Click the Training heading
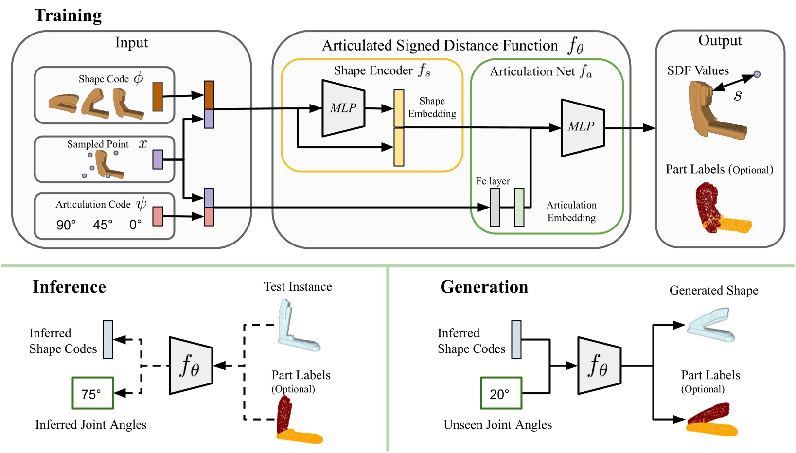[68, 16]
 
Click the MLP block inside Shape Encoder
[343, 108]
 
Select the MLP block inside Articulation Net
[582, 127]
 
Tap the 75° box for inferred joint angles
[92, 393]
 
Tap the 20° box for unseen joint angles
[501, 393]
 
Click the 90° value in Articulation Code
[66, 225]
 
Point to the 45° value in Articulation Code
[103, 225]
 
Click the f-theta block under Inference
[191, 366]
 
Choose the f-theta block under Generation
[599, 366]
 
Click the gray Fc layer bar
[495, 208]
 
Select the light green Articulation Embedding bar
[519, 208]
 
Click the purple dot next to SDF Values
[757, 74]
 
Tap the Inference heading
[69, 287]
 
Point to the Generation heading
[484, 287]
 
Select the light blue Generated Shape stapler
[711, 323]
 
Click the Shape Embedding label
[432, 107]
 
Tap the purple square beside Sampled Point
[158, 159]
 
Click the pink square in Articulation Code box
[158, 216]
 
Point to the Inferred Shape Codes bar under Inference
[108, 339]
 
